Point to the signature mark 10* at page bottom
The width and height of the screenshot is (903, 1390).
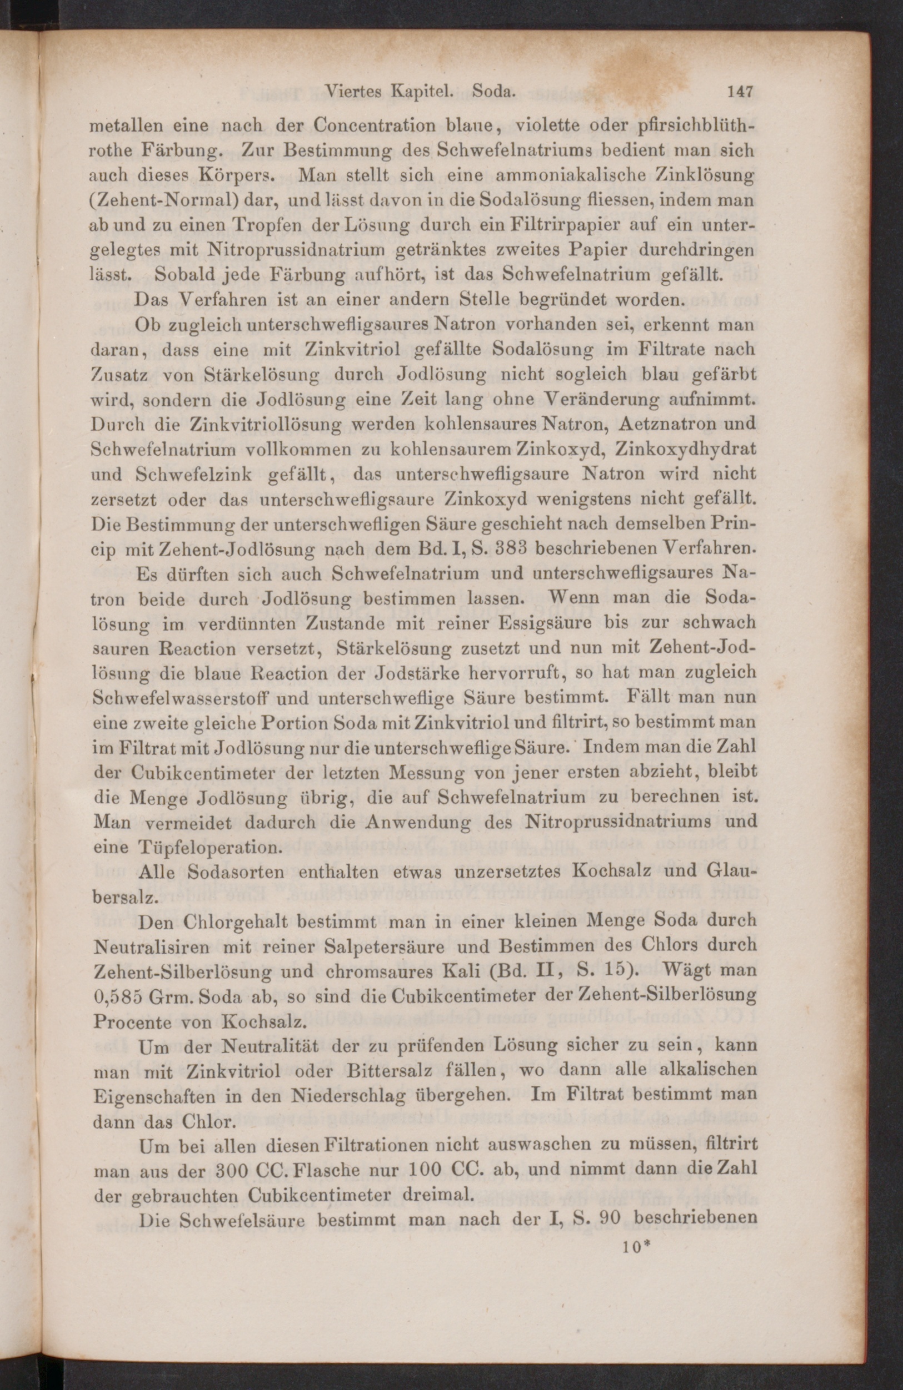[x=637, y=1248]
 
